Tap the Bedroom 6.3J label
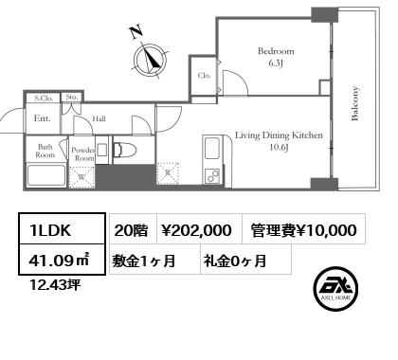(x=276, y=58)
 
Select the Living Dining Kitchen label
(x=280, y=141)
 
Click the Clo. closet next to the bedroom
(x=203, y=75)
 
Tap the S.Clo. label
(x=44, y=98)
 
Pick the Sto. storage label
(x=71, y=98)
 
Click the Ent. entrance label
(x=42, y=119)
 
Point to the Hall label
(x=99, y=119)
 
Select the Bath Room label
(x=45, y=151)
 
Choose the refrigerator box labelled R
(x=168, y=173)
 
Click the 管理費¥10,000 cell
(x=304, y=229)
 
